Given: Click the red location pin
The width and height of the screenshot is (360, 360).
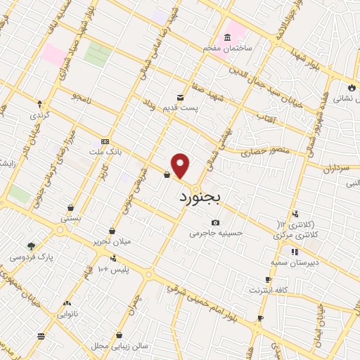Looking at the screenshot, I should (x=181, y=166).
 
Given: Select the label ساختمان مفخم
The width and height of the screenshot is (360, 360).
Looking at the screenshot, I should (x=228, y=47).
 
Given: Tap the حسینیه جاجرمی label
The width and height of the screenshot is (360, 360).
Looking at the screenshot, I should (x=215, y=233).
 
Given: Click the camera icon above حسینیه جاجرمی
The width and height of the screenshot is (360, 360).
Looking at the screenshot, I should (x=215, y=223).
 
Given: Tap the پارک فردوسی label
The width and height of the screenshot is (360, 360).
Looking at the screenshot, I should (x=31, y=257).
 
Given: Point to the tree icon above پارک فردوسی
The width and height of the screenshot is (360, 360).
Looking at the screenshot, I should (x=31, y=246).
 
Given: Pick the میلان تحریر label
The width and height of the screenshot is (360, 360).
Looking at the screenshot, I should (x=111, y=242).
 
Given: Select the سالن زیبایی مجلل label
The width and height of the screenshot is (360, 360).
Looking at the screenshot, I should (x=120, y=346).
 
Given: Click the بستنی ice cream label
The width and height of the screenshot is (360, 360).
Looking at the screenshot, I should (x=70, y=218).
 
